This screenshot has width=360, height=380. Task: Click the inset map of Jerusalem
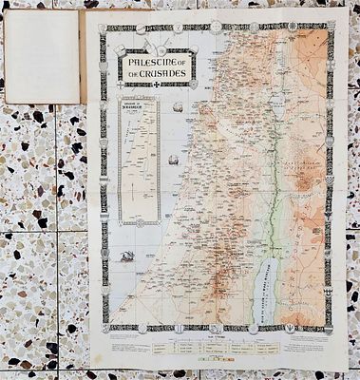(137, 161)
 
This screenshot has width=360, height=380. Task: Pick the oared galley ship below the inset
(126, 256)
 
